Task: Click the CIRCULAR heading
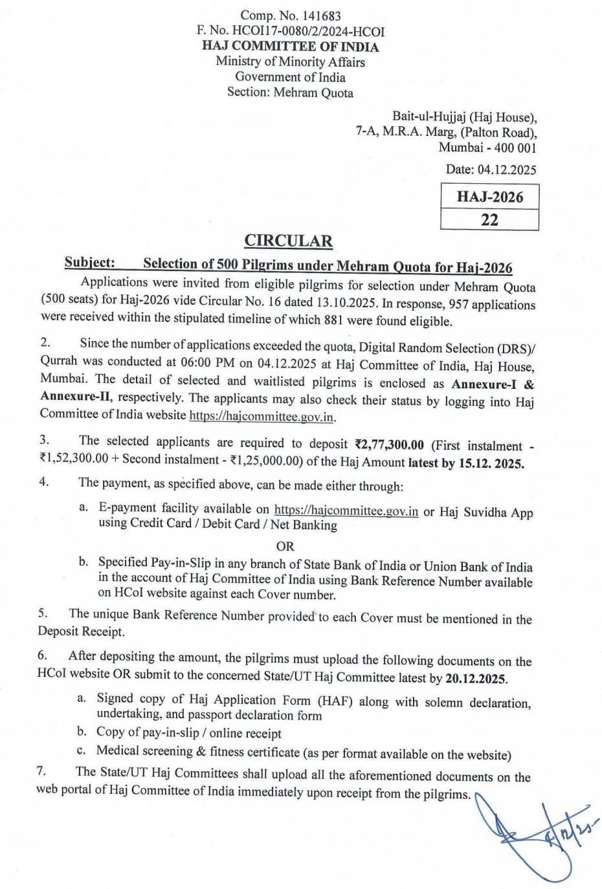click(288, 241)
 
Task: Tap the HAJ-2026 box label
click(489, 197)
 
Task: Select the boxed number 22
click(489, 219)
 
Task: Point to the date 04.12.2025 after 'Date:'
click(507, 170)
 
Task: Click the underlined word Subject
click(89, 263)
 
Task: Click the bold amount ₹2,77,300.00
click(389, 444)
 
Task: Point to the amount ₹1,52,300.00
click(74, 459)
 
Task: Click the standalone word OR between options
click(285, 546)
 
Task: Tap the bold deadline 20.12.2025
click(476, 679)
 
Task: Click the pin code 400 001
click(514, 148)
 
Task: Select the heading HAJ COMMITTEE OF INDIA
click(290, 47)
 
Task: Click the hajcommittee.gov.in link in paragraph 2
click(262, 417)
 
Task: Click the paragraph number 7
click(41, 771)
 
